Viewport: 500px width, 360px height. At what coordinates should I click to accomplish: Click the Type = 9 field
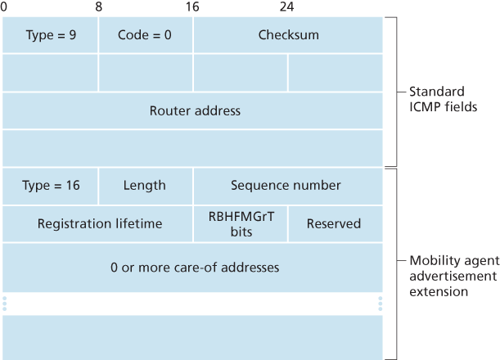[51, 35]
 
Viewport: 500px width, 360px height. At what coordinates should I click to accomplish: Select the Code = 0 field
[146, 35]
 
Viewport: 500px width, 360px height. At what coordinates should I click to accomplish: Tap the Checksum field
[288, 35]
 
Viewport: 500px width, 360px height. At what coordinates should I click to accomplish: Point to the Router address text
[195, 110]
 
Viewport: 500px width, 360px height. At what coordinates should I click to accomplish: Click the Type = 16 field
[51, 186]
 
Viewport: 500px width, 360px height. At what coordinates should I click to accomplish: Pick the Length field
[145, 186]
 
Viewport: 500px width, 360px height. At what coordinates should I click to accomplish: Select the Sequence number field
[286, 186]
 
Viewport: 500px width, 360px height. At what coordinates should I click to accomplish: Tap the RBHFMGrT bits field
[241, 223]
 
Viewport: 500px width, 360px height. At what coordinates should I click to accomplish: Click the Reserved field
[334, 223]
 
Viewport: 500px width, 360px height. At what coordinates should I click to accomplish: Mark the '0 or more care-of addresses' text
[195, 268]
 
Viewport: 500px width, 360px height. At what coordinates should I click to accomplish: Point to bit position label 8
[99, 7]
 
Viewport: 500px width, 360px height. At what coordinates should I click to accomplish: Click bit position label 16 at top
[193, 7]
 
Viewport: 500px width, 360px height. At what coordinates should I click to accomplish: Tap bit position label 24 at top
[286, 7]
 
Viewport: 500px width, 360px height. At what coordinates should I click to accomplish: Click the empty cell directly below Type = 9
[51, 73]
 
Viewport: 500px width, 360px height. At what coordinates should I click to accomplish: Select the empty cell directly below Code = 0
[146, 73]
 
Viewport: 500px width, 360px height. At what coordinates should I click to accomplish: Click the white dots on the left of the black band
[5, 304]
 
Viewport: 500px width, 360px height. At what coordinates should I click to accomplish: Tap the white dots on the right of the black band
[381, 304]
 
